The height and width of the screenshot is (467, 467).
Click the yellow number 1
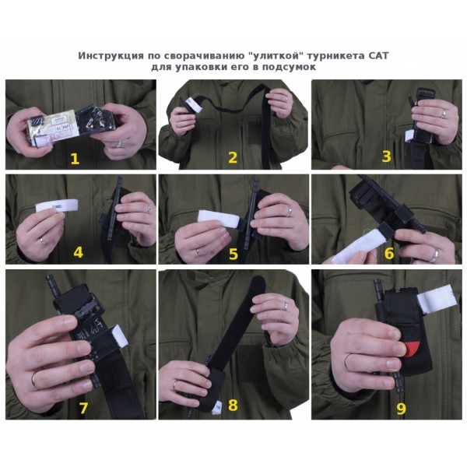pos(75,159)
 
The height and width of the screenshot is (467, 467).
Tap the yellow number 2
pos(232,158)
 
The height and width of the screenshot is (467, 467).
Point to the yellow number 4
pos(78,252)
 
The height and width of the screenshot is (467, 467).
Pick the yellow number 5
pos(233,252)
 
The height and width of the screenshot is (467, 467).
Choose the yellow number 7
pos(83,407)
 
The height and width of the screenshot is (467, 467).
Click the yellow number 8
pos(233,406)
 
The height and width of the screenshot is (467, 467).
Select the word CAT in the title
pos(377,56)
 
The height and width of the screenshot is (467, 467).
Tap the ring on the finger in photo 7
pos(36,379)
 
